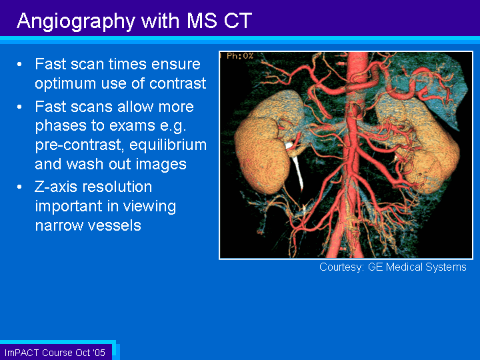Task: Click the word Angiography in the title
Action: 76,21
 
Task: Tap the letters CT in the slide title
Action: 237,21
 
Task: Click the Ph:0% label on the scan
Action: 240,56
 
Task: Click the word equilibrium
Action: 168,145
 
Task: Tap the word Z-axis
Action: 56,187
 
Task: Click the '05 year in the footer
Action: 99,353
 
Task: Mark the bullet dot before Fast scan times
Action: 19,65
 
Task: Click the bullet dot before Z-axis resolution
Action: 19,187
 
